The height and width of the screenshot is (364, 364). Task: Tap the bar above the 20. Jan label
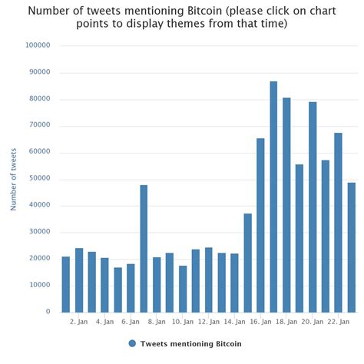[313, 207]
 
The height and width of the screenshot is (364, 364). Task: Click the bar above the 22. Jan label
[339, 222]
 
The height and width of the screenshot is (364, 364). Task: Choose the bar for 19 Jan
[299, 238]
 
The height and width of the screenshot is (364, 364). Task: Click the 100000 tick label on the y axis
[38, 45]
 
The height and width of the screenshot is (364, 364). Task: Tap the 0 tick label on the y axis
[48, 312]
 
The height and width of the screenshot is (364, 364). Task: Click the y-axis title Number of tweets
[14, 178]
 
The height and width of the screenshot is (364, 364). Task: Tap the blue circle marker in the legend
[132, 344]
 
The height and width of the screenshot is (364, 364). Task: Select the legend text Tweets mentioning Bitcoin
[190, 344]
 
